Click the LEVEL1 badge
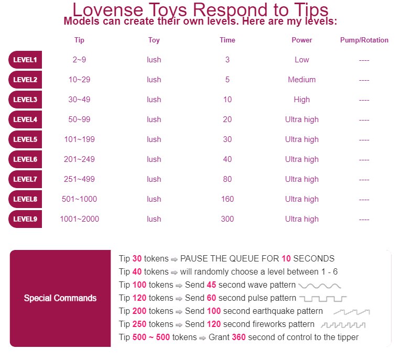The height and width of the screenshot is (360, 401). point(25,60)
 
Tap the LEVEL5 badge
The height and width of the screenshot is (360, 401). point(25,139)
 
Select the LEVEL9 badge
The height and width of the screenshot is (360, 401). point(25,219)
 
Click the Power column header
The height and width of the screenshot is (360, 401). point(302,40)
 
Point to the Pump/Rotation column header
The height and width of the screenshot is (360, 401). point(364,40)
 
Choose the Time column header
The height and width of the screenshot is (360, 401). point(227,40)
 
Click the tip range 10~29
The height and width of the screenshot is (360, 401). point(79,80)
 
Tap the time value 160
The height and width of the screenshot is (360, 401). point(227,199)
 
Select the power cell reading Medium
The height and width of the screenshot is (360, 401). point(302,80)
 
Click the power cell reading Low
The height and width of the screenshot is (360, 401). point(302,60)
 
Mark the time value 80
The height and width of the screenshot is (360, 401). point(227,179)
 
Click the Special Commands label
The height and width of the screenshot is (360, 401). point(60,298)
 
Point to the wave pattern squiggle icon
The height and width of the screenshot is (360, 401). point(320,286)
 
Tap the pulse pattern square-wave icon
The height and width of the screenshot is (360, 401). point(323,299)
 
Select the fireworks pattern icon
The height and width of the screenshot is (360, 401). point(343,325)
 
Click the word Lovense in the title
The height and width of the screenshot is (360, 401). point(110,10)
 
